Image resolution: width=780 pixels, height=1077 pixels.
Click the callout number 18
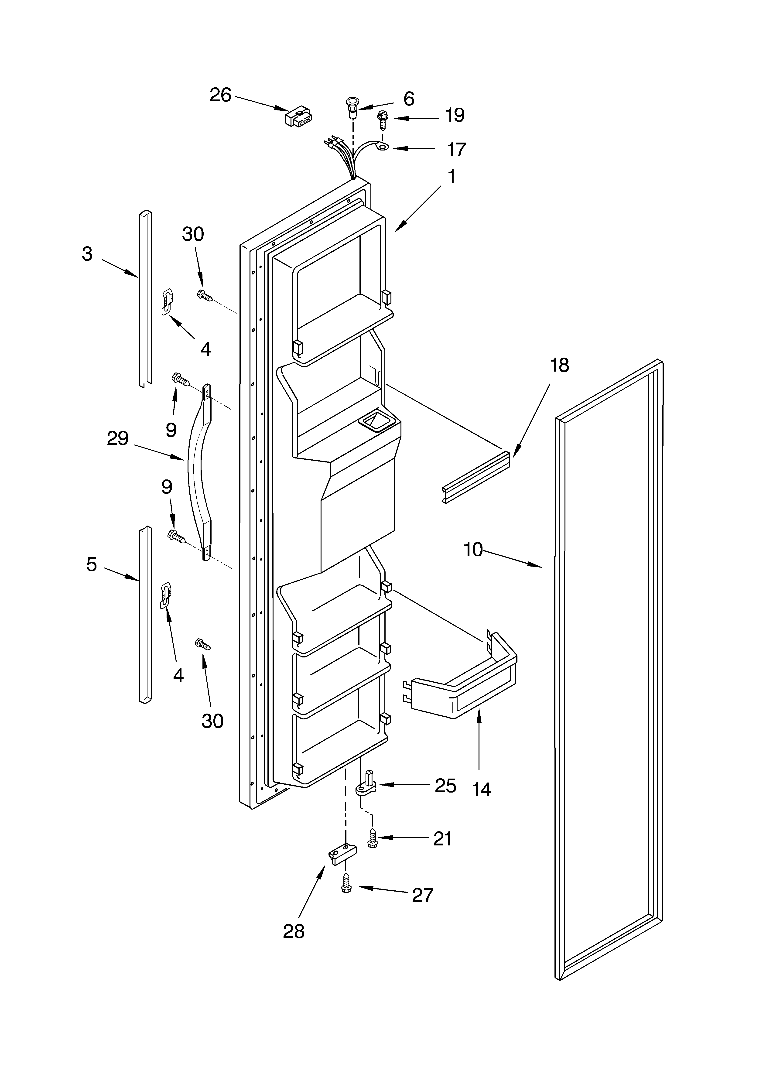[x=559, y=365]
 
